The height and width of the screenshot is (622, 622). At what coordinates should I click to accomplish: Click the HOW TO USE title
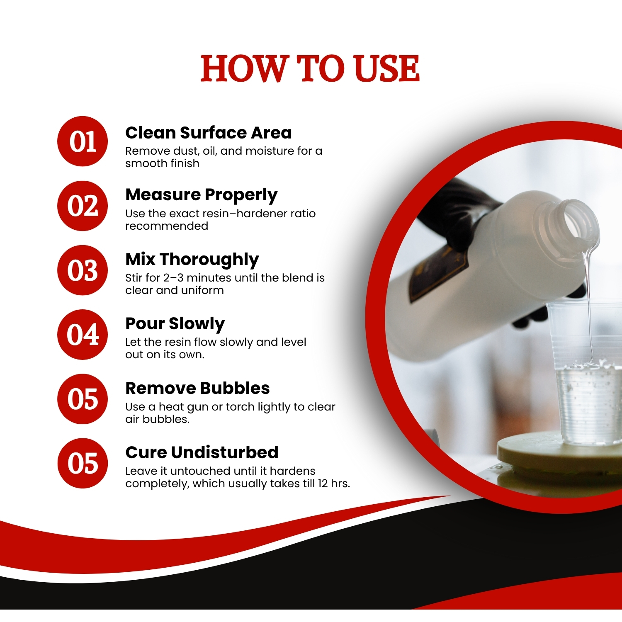(x=310, y=68)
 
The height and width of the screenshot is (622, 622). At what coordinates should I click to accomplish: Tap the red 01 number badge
(x=83, y=141)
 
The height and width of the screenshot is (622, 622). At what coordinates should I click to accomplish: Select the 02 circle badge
(x=83, y=206)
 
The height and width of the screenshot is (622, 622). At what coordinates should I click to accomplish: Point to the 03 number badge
(x=83, y=270)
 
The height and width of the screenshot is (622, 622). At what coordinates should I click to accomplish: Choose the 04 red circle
(x=83, y=334)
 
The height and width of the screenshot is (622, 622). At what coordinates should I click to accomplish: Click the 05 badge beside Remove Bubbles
(x=83, y=399)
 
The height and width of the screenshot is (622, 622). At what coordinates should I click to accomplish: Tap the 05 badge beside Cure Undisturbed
(x=83, y=463)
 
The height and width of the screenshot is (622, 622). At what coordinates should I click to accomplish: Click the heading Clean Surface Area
(x=209, y=133)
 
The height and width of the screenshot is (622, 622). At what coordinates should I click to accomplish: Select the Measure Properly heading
(x=202, y=195)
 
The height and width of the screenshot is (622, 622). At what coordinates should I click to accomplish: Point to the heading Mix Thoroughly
(x=192, y=260)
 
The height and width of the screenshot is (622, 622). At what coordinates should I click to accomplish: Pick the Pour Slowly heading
(x=175, y=324)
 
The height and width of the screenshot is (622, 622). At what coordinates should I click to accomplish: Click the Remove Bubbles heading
(x=197, y=388)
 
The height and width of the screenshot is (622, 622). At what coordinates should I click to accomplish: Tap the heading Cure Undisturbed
(x=202, y=452)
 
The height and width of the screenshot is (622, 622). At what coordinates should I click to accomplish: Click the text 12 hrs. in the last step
(x=334, y=484)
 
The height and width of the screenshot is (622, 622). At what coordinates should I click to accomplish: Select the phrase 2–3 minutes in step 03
(x=196, y=277)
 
